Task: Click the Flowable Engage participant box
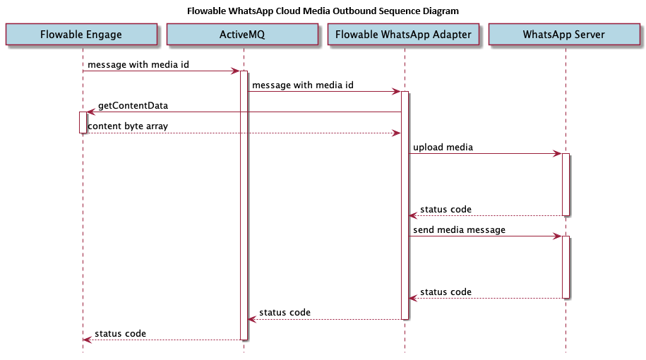click(x=81, y=34)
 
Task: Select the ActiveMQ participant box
click(x=242, y=34)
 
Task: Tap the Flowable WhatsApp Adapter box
click(x=405, y=34)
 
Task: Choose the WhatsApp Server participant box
click(x=564, y=34)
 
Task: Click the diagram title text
click(x=323, y=11)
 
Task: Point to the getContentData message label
click(x=133, y=106)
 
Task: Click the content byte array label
click(x=128, y=126)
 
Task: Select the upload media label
click(x=443, y=148)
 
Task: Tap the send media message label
click(x=459, y=230)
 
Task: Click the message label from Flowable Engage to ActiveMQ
click(x=138, y=65)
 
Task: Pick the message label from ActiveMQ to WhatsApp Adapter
click(x=302, y=85)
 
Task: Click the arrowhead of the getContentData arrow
click(x=90, y=112)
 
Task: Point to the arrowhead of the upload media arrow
click(x=557, y=154)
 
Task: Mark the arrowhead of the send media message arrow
click(x=557, y=236)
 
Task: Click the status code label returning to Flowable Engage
click(x=120, y=333)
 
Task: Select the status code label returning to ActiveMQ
click(x=285, y=313)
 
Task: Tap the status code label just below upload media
click(x=445, y=210)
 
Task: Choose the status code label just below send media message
click(x=445, y=292)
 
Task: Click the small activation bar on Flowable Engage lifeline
click(x=83, y=122)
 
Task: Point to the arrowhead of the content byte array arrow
click(x=397, y=133)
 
